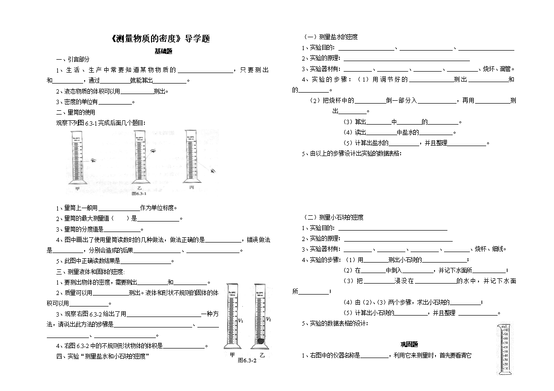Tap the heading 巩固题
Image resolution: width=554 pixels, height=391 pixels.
coord(409,344)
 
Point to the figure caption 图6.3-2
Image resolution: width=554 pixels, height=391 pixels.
coord(247,360)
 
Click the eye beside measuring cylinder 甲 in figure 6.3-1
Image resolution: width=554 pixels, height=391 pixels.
coord(94,161)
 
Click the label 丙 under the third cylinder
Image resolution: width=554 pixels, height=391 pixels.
coord(191,188)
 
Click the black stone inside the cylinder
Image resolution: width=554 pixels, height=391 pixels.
coord(260,341)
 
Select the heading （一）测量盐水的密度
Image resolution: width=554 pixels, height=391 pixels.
coord(331,37)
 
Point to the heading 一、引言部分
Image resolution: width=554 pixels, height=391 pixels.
coord(73,59)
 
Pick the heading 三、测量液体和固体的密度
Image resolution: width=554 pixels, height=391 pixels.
coord(90,272)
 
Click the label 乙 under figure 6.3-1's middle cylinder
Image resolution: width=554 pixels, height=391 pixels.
coord(140,188)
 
